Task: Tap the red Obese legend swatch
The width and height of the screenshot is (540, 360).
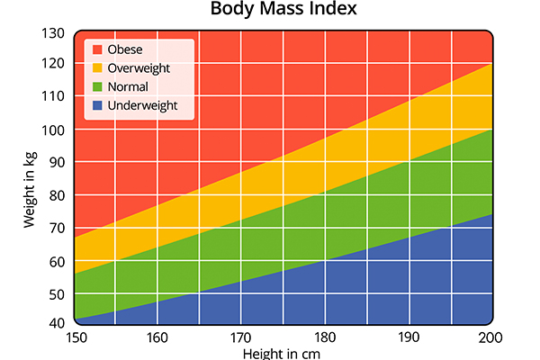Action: [95, 49]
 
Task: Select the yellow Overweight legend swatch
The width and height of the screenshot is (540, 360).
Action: [95, 68]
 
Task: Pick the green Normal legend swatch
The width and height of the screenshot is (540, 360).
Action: [95, 87]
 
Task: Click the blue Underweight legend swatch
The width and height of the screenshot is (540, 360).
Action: [95, 106]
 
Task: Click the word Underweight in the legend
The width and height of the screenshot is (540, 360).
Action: [141, 106]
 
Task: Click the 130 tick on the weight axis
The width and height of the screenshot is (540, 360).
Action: [54, 33]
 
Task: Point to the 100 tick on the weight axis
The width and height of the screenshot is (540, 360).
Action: [54, 130]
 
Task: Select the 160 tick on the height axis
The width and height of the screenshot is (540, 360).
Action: [157, 338]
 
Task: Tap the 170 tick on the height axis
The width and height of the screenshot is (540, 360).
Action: [241, 338]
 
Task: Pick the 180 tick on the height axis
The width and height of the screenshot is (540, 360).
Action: [325, 338]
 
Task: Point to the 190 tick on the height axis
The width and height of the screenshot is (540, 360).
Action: [409, 338]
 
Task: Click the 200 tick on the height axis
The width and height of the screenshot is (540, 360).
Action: [491, 338]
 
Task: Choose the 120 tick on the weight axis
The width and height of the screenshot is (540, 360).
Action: [54, 65]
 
